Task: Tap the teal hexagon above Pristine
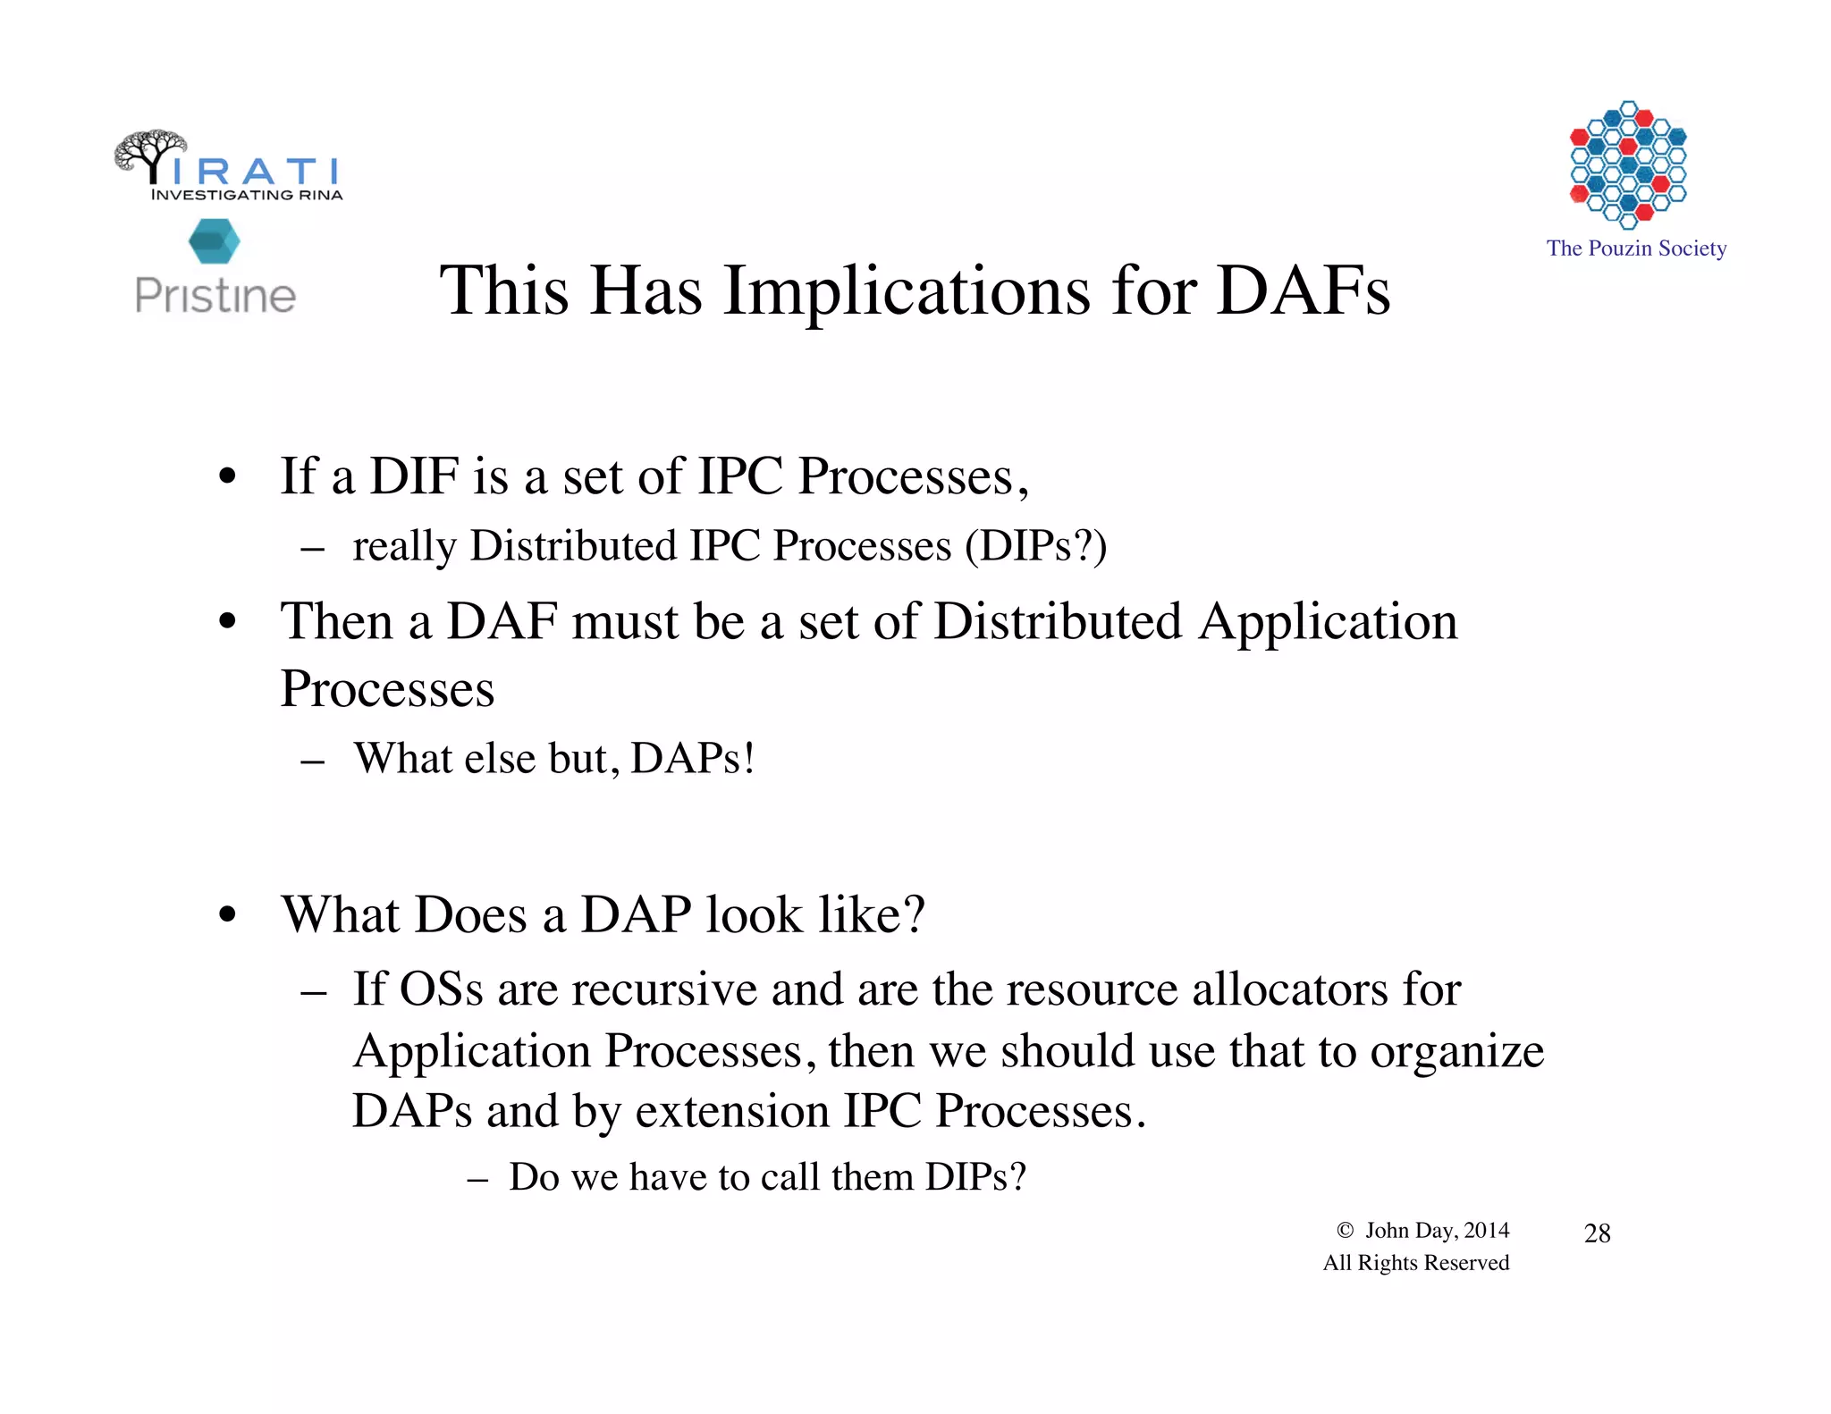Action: (x=215, y=241)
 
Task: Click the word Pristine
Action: (x=215, y=296)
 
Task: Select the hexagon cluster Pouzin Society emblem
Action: (x=1628, y=164)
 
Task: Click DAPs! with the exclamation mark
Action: (x=693, y=758)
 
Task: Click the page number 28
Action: (x=1597, y=1233)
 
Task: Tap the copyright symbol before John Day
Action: (x=1345, y=1230)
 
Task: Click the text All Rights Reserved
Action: (x=1415, y=1263)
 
